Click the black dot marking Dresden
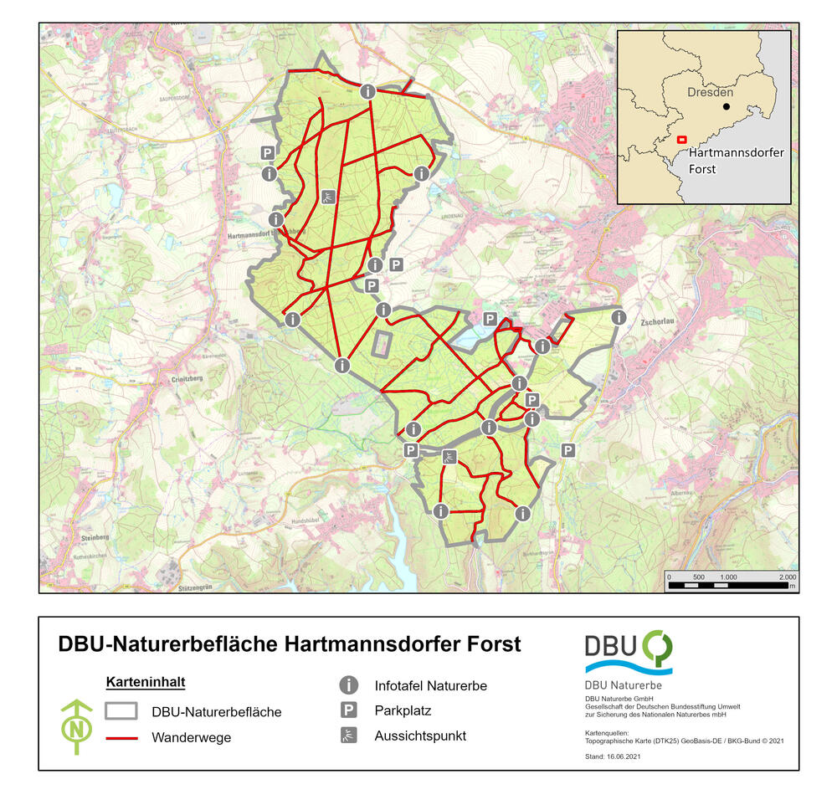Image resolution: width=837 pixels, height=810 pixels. coord(727,107)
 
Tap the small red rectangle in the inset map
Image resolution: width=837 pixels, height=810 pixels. coord(682,140)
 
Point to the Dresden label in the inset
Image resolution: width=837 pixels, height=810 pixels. coord(710,92)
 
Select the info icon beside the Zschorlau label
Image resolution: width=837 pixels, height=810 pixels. coord(619,317)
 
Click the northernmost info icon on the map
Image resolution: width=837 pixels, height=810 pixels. coord(367,92)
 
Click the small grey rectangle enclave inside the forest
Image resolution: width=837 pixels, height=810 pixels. coord(383,344)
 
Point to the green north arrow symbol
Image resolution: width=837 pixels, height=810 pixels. coord(77,726)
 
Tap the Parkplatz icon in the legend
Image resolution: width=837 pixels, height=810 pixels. coord(348,711)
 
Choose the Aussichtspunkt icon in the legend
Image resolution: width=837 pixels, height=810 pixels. coord(348,736)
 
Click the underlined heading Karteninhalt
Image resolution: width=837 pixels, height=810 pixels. coord(139,682)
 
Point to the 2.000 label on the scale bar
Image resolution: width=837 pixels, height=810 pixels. coord(787,577)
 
